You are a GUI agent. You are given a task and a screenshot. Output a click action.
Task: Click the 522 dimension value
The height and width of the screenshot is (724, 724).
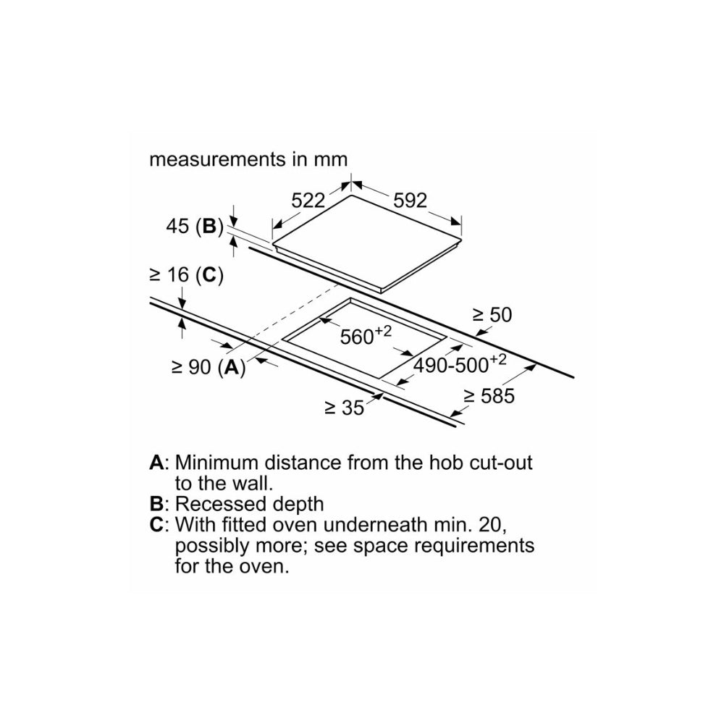(x=308, y=201)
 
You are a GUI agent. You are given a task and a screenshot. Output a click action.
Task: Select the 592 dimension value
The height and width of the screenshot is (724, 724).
(x=411, y=201)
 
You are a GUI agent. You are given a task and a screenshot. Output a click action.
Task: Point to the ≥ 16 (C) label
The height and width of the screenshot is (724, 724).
(x=185, y=275)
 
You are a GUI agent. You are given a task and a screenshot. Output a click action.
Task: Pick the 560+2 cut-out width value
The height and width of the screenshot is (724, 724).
(x=365, y=336)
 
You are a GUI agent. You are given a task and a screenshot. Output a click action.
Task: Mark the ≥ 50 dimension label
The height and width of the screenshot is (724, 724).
(x=492, y=315)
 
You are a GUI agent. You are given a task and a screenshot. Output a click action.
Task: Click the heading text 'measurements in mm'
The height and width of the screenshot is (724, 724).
(x=248, y=159)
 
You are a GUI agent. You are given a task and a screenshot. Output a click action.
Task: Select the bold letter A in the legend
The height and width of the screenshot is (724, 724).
(x=156, y=462)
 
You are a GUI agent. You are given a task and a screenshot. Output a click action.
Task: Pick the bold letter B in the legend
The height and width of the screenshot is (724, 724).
(x=156, y=503)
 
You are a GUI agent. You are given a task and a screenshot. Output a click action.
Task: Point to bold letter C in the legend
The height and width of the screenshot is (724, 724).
(x=156, y=524)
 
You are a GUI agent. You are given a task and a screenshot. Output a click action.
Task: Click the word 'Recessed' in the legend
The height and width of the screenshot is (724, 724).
(x=216, y=503)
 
